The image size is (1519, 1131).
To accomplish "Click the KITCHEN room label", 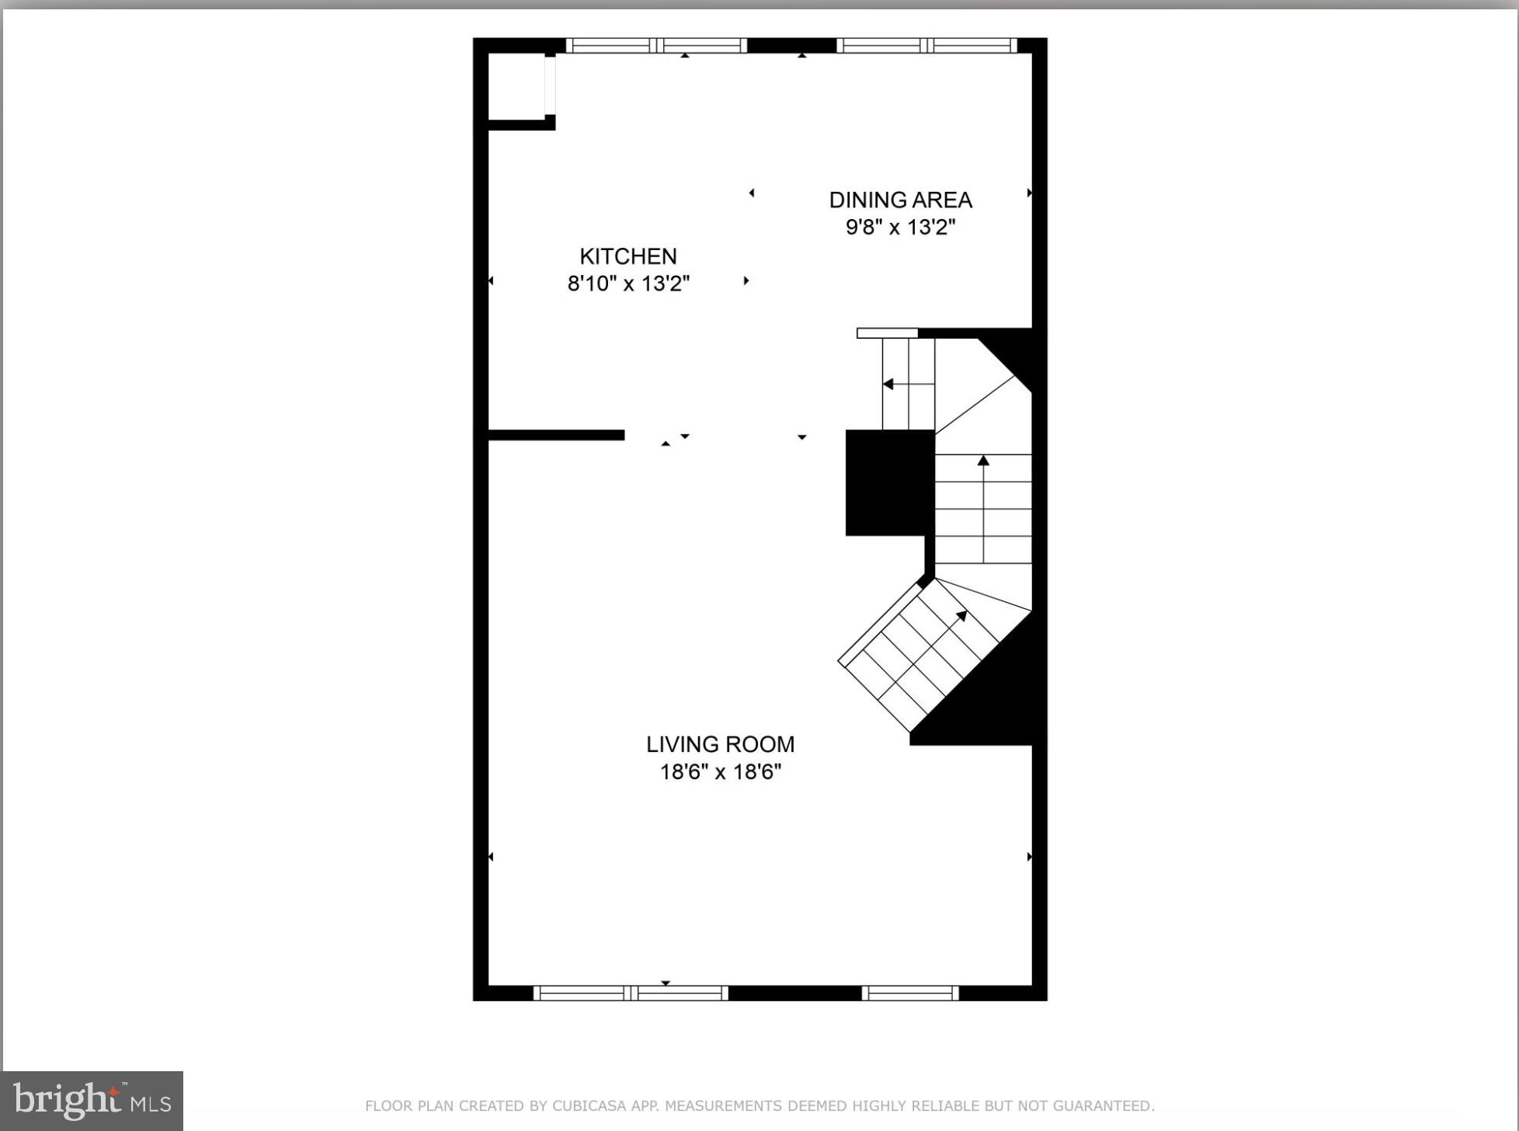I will [x=627, y=256].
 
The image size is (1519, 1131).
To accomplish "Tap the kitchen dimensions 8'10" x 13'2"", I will [x=627, y=284].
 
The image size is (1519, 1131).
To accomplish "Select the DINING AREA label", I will [x=900, y=200].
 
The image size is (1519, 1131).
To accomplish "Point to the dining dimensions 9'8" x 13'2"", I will [x=900, y=228].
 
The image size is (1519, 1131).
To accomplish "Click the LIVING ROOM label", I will [x=720, y=744].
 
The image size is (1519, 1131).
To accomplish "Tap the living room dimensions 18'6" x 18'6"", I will [x=720, y=772].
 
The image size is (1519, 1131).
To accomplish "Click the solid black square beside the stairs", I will [x=889, y=482].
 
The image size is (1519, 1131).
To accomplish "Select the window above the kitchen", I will [x=656, y=46].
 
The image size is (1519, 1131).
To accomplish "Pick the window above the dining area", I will [x=926, y=46].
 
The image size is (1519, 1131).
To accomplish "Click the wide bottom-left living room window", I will [x=631, y=993].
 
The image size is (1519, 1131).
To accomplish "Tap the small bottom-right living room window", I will [x=910, y=993].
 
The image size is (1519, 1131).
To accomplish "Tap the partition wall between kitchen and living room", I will [x=556, y=435].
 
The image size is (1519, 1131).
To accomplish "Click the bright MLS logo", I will [x=92, y=1101].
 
